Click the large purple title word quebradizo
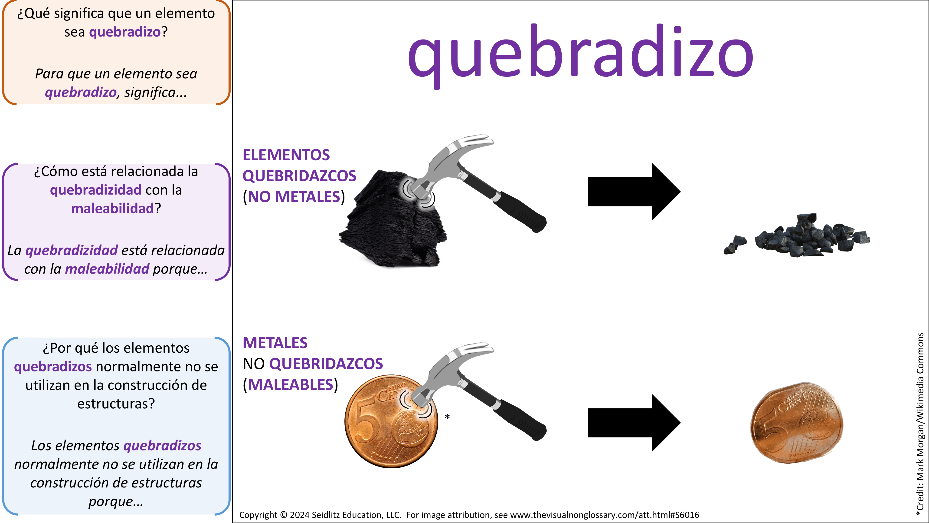pos(581,54)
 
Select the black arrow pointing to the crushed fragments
pos(634,192)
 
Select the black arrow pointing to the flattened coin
pos(634,423)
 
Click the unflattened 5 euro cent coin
pos(391,421)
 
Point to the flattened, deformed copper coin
pos(797,422)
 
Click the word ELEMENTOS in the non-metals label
pos(286,155)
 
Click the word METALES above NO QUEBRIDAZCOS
pos(275,343)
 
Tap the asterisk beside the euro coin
pos(447,417)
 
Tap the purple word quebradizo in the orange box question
pos(125,32)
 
